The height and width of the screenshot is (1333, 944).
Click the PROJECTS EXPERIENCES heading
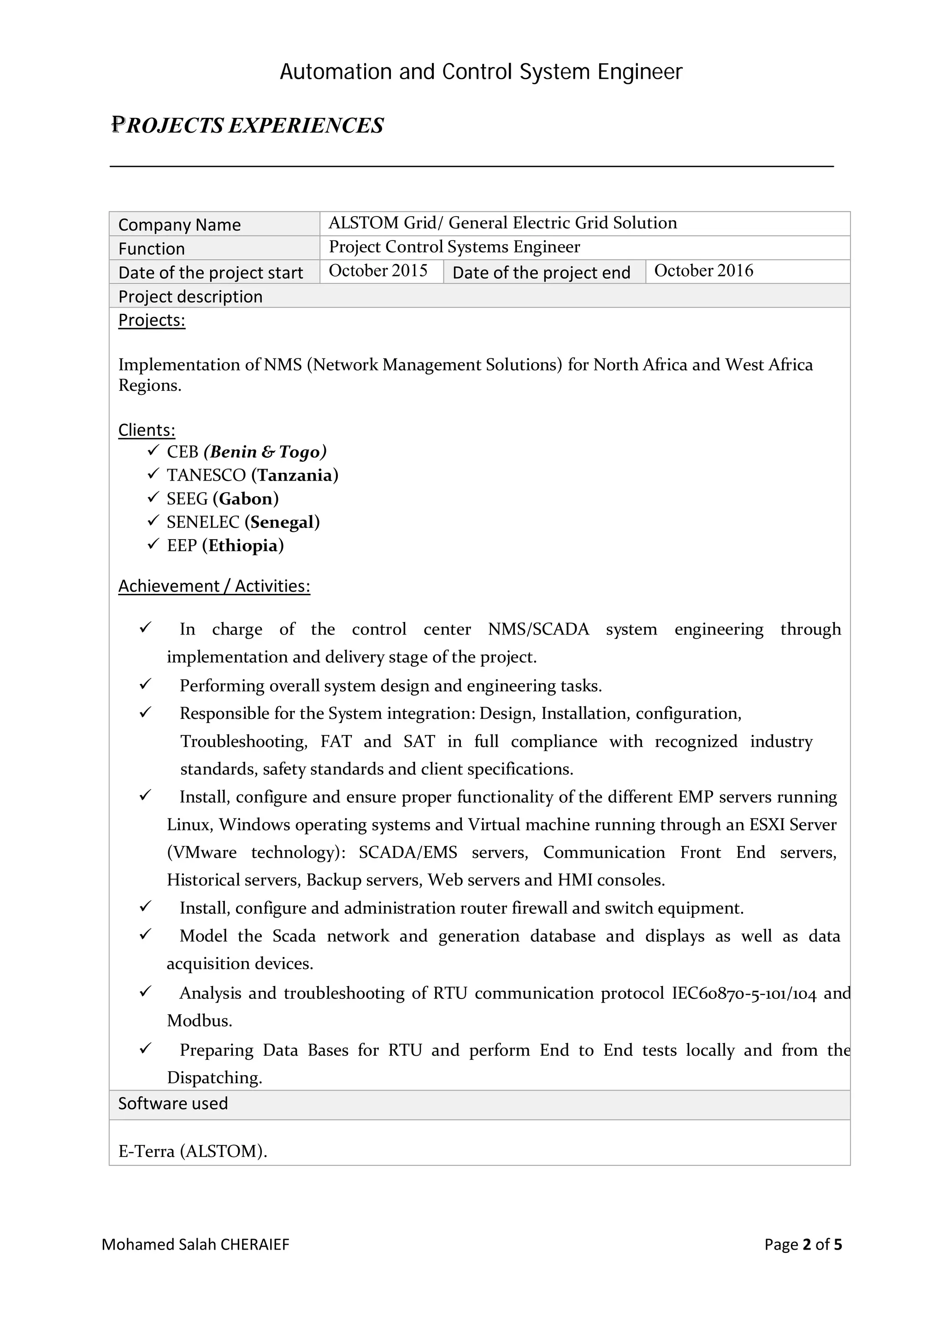point(248,125)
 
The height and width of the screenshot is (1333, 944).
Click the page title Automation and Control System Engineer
point(481,72)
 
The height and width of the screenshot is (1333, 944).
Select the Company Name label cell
point(180,225)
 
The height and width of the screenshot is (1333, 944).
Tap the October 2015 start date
point(378,271)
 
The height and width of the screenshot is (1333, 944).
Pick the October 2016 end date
point(703,271)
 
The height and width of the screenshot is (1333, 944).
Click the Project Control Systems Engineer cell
point(454,247)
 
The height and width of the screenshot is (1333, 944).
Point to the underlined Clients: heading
point(147,430)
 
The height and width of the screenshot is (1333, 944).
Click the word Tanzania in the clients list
point(295,476)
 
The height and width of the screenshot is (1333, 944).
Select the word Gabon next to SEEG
point(246,499)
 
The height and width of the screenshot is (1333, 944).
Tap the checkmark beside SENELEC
point(153,521)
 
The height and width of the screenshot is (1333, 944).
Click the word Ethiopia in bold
point(243,546)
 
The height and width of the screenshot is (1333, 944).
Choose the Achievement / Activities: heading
point(214,586)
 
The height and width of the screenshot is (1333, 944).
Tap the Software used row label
point(173,1104)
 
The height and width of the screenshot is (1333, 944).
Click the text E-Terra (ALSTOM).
point(192,1151)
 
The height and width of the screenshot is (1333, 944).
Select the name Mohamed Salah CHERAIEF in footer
point(195,1244)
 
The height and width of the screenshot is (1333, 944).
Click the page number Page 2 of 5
point(803,1244)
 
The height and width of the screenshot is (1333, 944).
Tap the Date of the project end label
point(541,272)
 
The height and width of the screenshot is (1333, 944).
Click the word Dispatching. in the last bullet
point(214,1077)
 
